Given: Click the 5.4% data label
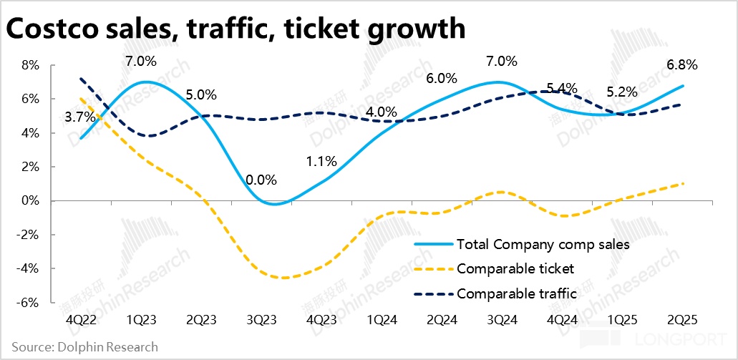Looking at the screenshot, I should click(x=563, y=89).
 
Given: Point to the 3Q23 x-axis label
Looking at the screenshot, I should click(x=261, y=320).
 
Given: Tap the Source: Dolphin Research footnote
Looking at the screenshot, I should click(x=84, y=347).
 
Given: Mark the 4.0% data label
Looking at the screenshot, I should click(x=381, y=112).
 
